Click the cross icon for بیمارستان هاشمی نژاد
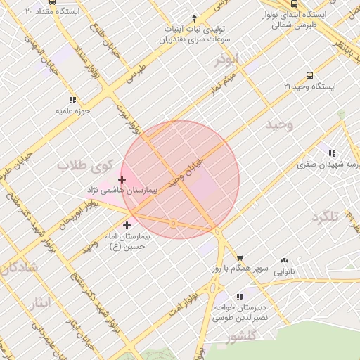[x=122, y=180]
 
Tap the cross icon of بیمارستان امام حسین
[x=127, y=226]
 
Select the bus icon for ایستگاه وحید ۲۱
[x=309, y=75]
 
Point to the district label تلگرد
[x=325, y=216]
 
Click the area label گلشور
[x=245, y=337]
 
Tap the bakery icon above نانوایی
[x=284, y=260]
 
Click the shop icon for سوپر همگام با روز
[x=240, y=259]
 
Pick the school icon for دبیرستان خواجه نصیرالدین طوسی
[x=240, y=297]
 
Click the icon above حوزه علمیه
[x=72, y=100]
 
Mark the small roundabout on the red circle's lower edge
[x=173, y=224]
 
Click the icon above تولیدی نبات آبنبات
[x=195, y=19]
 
